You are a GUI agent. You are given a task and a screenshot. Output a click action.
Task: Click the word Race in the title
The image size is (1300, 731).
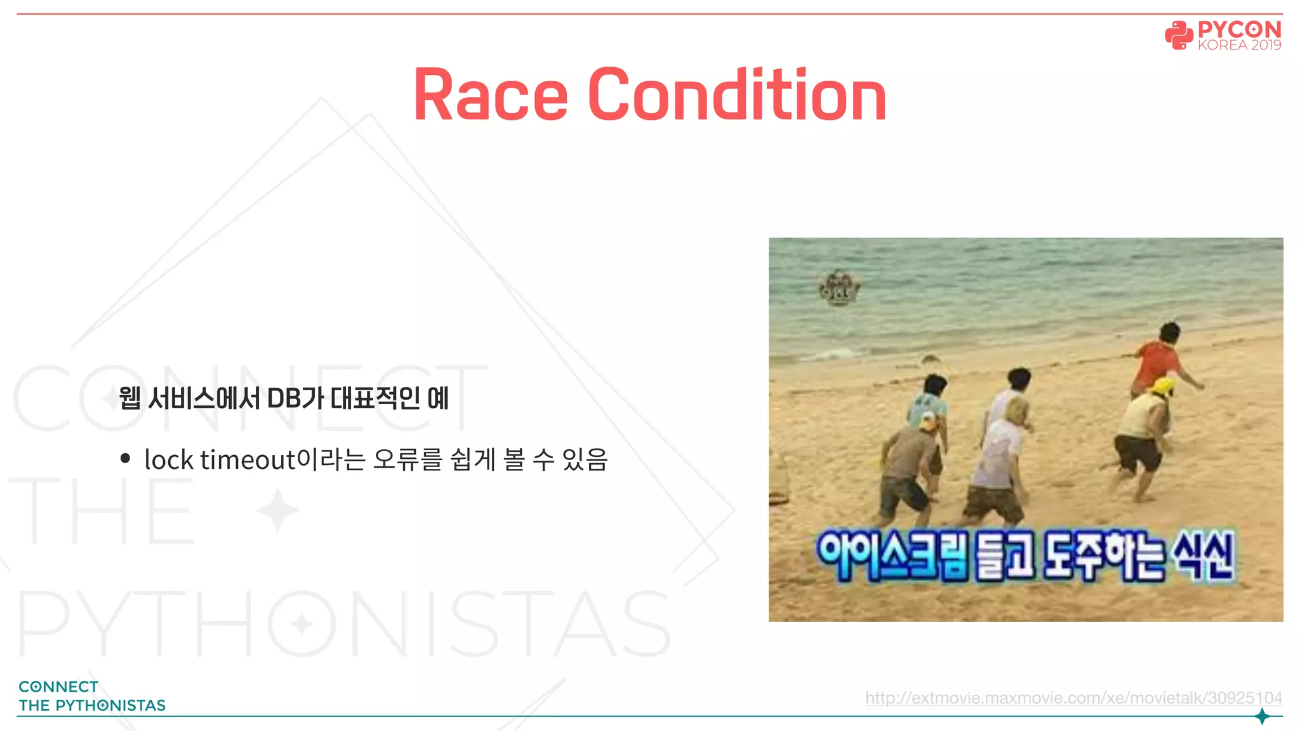[x=490, y=95]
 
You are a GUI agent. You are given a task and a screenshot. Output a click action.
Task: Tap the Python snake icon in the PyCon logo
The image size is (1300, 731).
[x=1178, y=35]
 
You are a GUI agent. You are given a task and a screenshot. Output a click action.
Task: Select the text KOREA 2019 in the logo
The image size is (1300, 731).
[x=1239, y=46]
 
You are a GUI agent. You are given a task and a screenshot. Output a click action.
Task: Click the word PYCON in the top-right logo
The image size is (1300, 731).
[x=1239, y=29]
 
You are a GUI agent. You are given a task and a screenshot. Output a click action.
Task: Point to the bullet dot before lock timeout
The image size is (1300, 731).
[x=125, y=458]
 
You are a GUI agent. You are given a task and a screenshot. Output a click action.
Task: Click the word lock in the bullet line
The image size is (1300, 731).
[x=168, y=459]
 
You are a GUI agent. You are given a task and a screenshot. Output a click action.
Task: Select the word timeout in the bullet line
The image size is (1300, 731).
[x=248, y=459]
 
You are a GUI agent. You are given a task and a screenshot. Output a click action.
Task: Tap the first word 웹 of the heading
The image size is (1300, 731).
[x=129, y=398]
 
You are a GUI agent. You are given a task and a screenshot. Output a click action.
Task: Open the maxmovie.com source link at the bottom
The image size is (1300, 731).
[x=1073, y=698]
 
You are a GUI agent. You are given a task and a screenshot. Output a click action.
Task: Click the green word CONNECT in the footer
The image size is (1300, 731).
[x=58, y=687]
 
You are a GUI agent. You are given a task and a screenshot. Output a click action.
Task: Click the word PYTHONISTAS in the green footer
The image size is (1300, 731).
[x=110, y=706]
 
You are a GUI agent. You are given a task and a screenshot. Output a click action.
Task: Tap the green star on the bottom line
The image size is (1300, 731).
[x=1262, y=716]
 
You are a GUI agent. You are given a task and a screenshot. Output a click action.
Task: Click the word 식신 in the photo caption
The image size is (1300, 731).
[x=1204, y=556]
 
